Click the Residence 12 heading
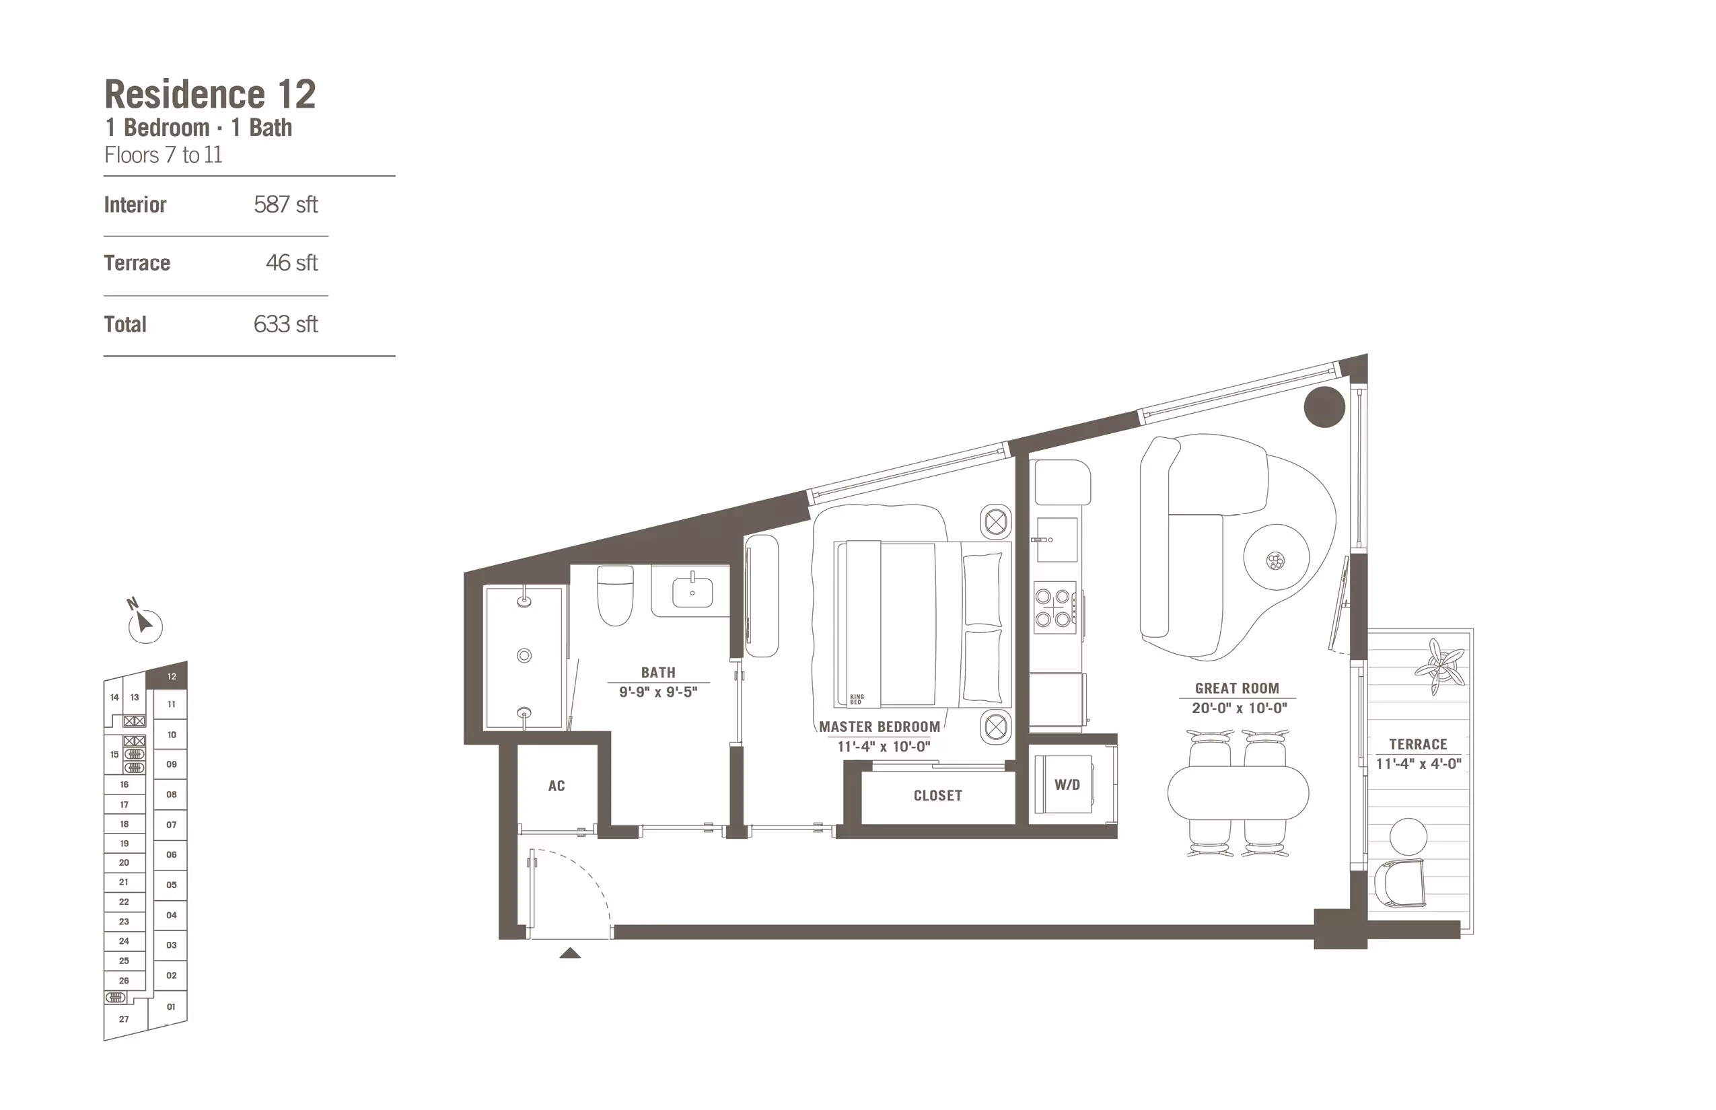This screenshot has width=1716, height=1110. [x=210, y=94]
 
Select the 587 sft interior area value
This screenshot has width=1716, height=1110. [x=285, y=205]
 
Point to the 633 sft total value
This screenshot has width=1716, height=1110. [x=285, y=324]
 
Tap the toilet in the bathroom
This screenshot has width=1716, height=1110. [x=615, y=595]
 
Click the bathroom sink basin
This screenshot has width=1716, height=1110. [x=692, y=593]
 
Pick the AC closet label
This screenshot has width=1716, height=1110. [x=557, y=786]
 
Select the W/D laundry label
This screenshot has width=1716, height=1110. [x=1067, y=785]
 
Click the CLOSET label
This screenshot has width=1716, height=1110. [x=937, y=796]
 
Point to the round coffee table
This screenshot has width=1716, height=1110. [x=1276, y=558]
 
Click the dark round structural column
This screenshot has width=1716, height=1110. [x=1324, y=406]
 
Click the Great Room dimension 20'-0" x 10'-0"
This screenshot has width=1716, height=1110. [x=1239, y=708]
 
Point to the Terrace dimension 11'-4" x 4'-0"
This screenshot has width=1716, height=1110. [x=1419, y=764]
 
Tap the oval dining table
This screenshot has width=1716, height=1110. [x=1238, y=793]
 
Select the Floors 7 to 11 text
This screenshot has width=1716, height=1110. [x=164, y=155]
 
